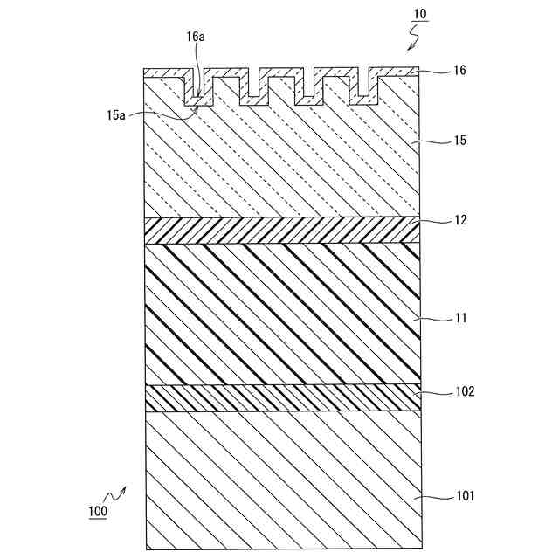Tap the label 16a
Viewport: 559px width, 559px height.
[x=196, y=38]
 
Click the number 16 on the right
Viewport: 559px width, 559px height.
[x=459, y=71]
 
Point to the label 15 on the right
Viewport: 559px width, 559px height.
[x=459, y=139]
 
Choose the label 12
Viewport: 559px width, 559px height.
[x=459, y=220]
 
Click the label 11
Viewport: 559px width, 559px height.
[x=459, y=319]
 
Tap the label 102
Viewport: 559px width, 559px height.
[x=463, y=392]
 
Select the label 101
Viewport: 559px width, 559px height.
[x=463, y=496]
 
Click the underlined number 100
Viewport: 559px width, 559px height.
[x=98, y=511]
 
